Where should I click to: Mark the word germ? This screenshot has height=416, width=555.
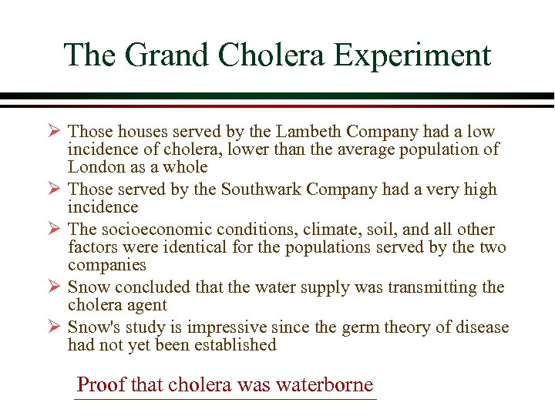point(358,327)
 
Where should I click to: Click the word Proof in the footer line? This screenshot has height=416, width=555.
point(103,384)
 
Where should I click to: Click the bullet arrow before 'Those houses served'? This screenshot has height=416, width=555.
point(54,132)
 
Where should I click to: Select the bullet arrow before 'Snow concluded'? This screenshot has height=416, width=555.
point(54,287)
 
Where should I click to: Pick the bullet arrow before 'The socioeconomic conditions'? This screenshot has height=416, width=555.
point(54,230)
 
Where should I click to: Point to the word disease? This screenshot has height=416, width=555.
point(480,327)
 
